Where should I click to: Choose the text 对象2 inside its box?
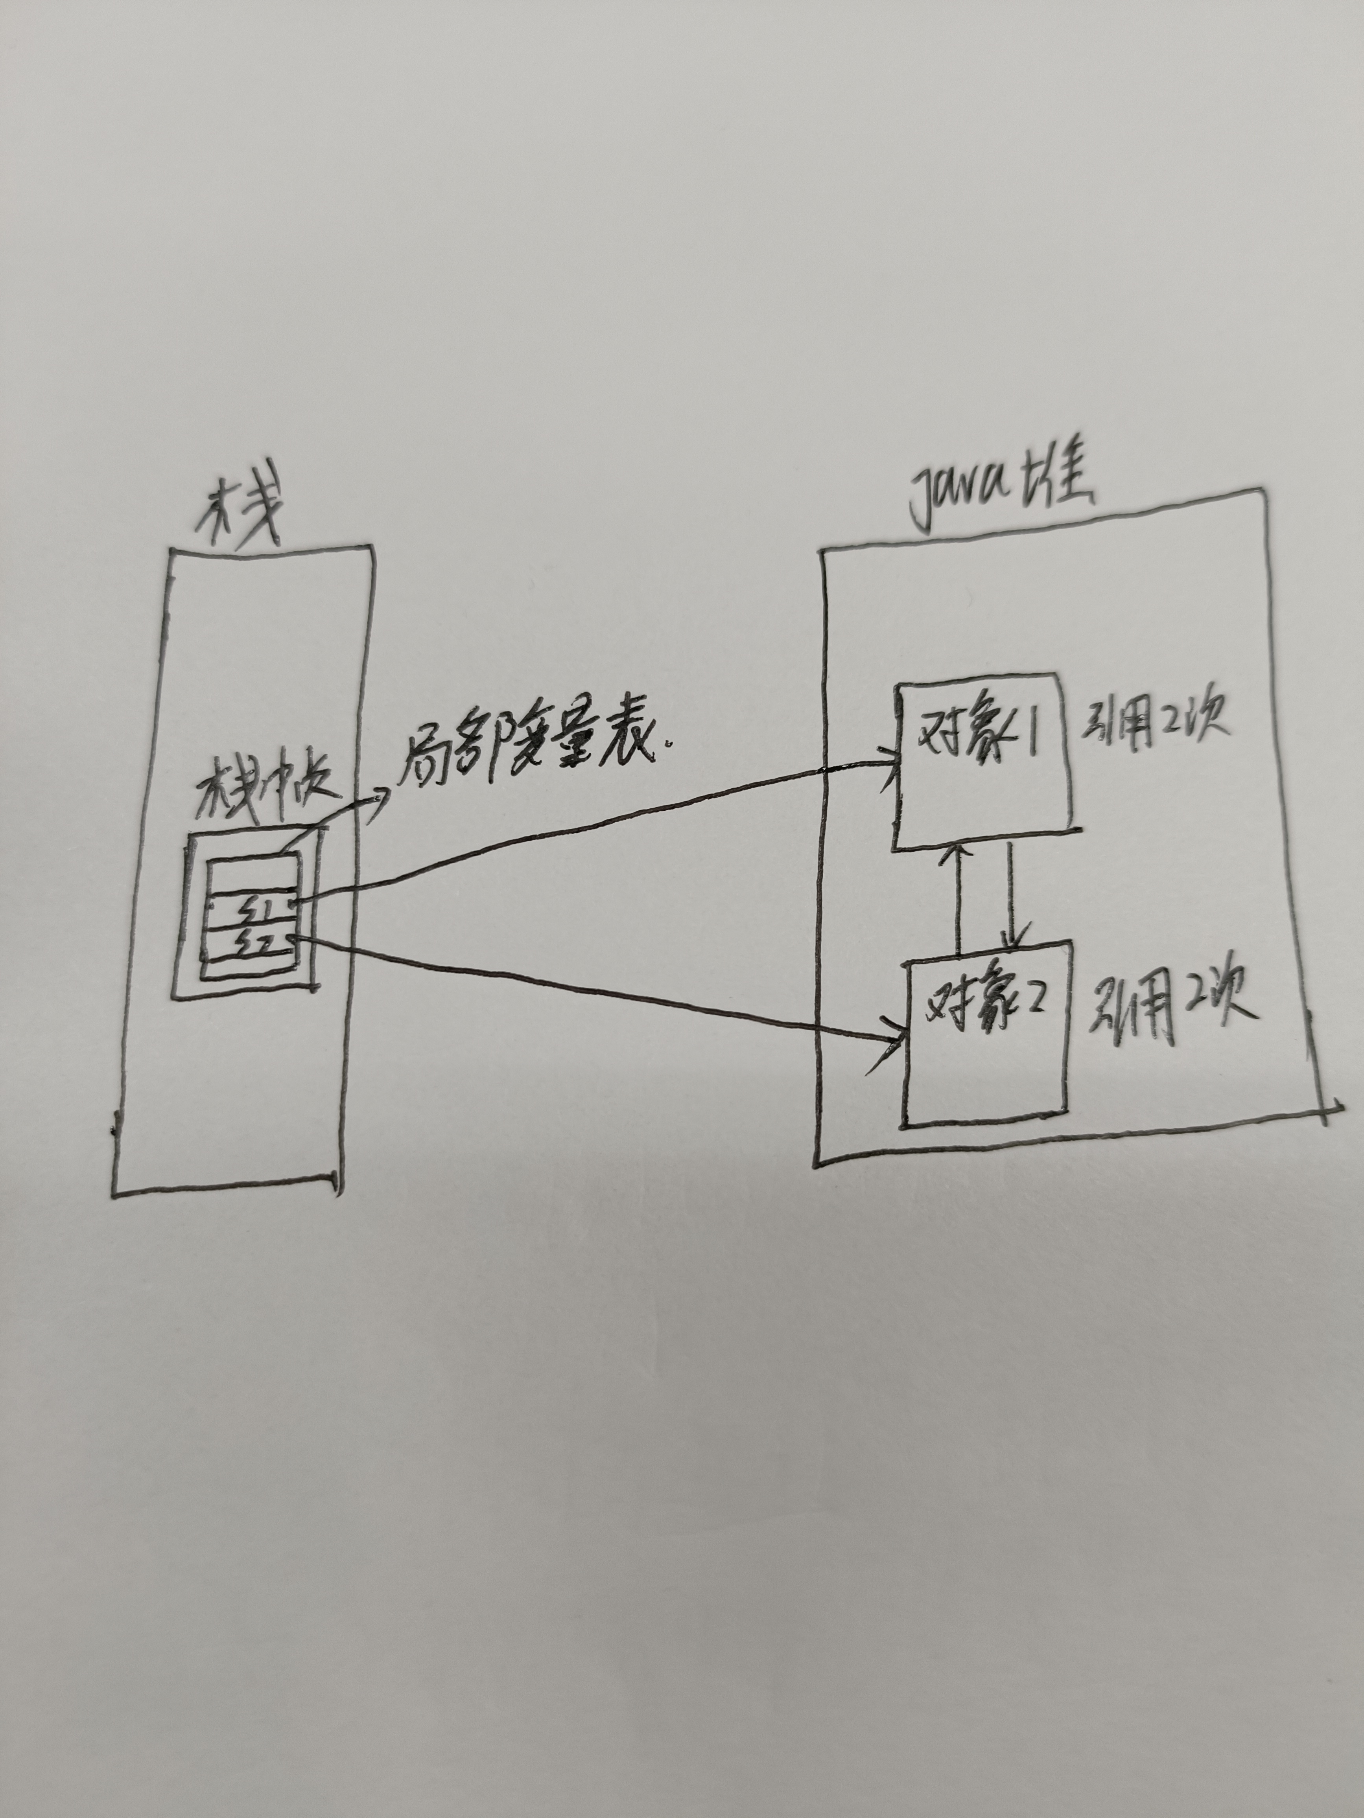(986, 1000)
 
